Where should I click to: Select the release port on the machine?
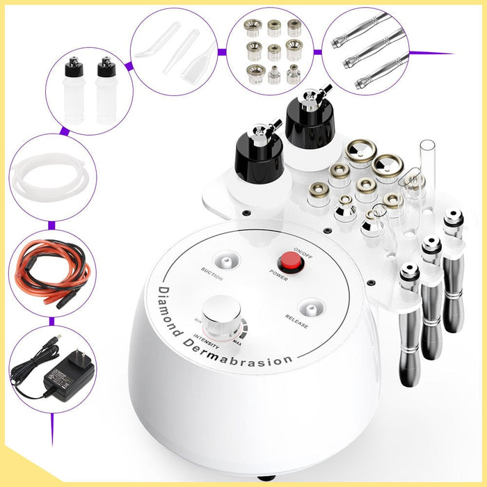tap(308, 306)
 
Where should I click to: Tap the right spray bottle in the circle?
tap(106, 90)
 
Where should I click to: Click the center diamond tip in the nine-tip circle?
tap(274, 49)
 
